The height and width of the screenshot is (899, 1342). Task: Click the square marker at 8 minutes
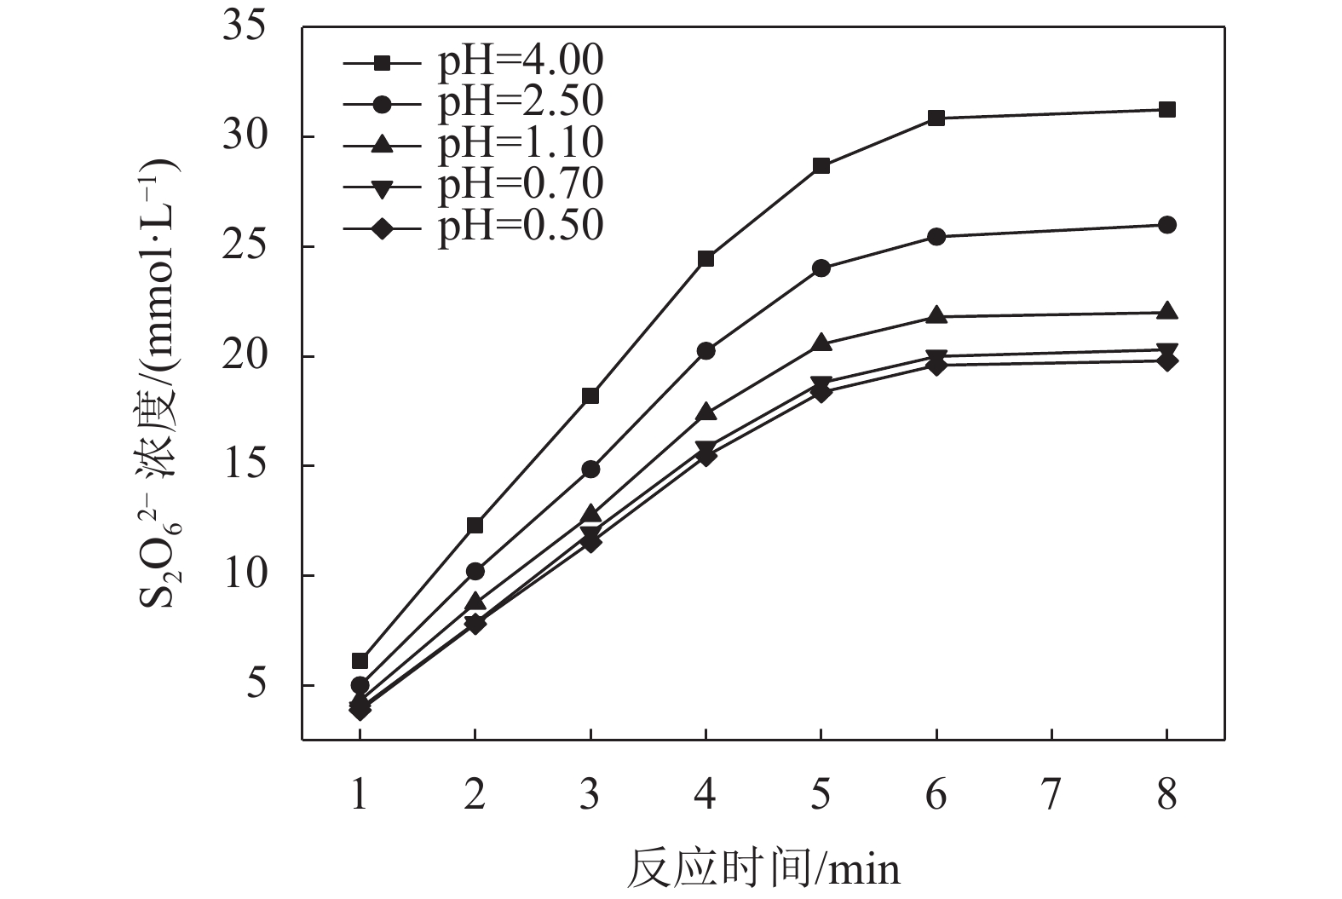1167,109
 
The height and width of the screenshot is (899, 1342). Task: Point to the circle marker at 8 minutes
1167,225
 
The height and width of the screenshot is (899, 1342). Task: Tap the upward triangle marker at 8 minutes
1167,311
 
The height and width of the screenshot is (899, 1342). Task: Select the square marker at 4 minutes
706,258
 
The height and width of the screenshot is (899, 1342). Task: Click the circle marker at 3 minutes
590,469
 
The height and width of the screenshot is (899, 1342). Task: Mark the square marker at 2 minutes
475,525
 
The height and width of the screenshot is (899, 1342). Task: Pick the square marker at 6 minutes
936,118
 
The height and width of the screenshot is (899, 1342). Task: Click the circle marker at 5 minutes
821,268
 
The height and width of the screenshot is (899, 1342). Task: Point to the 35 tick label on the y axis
244,27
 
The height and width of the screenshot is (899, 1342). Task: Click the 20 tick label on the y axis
244,356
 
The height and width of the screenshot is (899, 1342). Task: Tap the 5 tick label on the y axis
256,685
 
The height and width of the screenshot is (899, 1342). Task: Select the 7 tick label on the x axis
1051,794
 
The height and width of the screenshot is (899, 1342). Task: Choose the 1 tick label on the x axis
360,794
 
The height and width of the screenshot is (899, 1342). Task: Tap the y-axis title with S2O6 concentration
162,383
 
